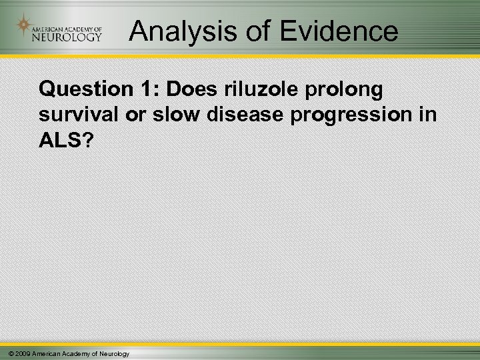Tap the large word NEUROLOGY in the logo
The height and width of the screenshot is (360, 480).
click(x=67, y=37)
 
